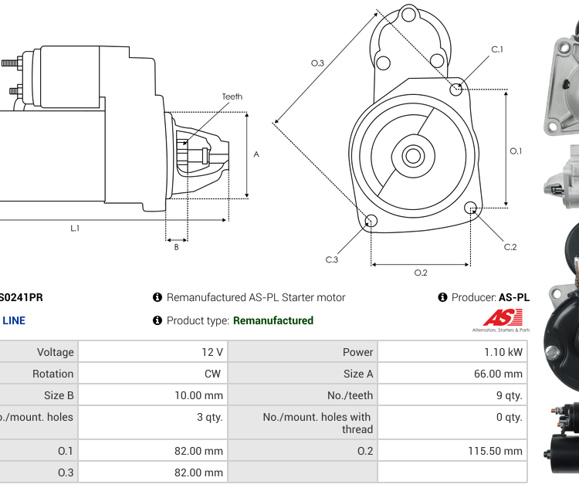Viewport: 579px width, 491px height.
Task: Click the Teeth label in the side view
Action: click(232, 97)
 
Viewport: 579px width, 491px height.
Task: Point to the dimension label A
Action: click(256, 154)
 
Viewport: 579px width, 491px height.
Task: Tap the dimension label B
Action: click(176, 247)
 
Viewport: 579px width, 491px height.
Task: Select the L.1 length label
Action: click(75, 228)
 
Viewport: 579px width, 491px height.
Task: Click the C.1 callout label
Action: click(497, 49)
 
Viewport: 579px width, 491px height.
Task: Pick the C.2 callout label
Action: click(510, 247)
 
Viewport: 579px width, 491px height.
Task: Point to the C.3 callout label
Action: click(331, 259)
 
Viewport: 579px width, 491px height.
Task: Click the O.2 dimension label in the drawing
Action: click(421, 273)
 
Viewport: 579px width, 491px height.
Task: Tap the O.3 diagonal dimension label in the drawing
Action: click(317, 63)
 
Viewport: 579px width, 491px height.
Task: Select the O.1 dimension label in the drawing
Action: click(516, 151)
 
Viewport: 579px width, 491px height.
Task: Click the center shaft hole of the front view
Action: click(412, 156)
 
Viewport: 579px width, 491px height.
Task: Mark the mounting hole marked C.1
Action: click(457, 89)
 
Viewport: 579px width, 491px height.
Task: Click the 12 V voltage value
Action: click(212, 352)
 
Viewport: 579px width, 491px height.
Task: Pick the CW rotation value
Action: click(212, 374)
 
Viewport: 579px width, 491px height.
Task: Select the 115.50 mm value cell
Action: click(494, 451)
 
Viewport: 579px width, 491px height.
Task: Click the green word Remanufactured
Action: click(273, 320)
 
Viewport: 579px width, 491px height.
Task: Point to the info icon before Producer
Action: click(443, 297)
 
